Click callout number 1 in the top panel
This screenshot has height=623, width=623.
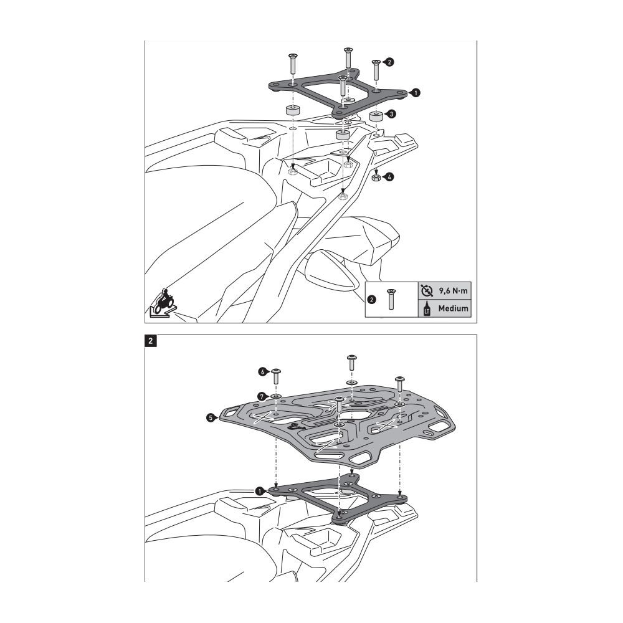click(416, 92)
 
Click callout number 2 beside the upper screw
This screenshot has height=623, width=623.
click(389, 62)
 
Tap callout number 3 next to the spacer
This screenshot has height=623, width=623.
click(389, 115)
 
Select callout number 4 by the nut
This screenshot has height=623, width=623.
click(389, 178)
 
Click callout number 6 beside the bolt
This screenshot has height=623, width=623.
click(264, 371)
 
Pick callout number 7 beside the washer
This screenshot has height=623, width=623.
click(263, 395)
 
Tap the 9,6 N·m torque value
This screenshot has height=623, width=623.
click(452, 290)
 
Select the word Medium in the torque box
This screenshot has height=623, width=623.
click(452, 309)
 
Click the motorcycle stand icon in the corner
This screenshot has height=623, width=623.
click(164, 303)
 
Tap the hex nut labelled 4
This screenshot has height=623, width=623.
click(376, 178)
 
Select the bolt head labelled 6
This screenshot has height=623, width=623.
click(277, 371)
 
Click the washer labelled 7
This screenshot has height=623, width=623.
click(277, 395)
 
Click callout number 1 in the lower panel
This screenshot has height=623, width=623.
click(259, 490)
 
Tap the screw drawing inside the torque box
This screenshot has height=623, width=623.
click(391, 299)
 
